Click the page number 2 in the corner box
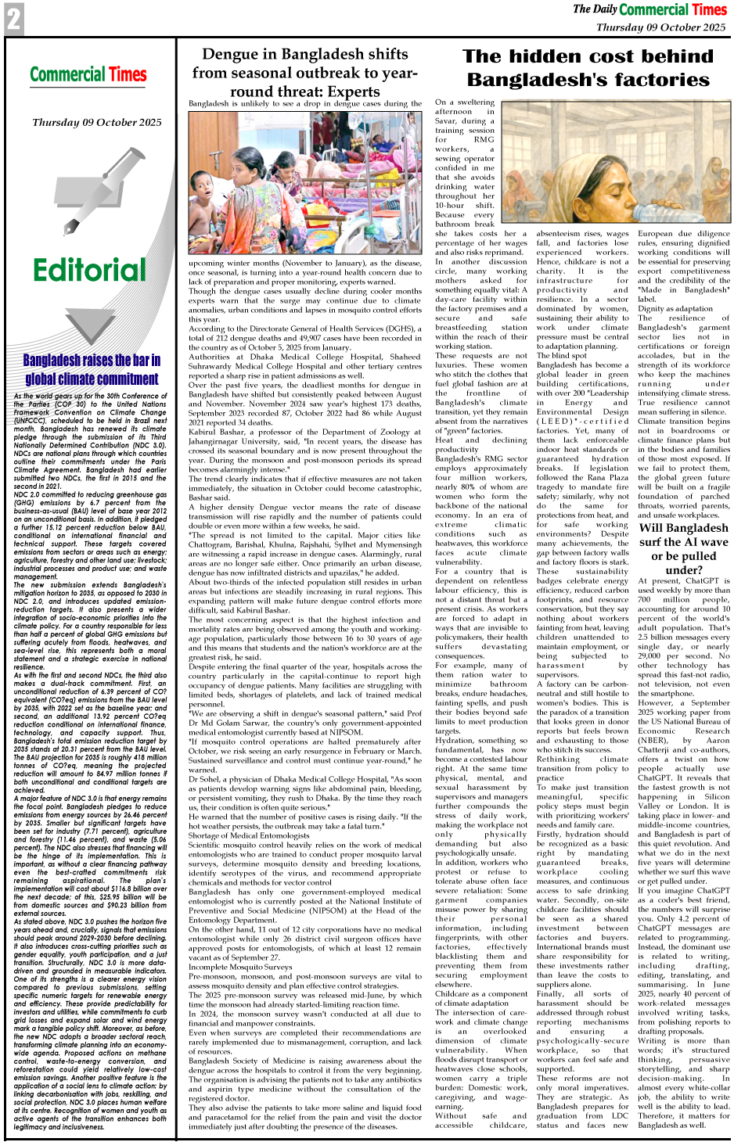coord(13,20)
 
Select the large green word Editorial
coord(89,271)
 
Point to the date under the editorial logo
coord(97,123)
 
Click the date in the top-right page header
coord(660,27)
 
